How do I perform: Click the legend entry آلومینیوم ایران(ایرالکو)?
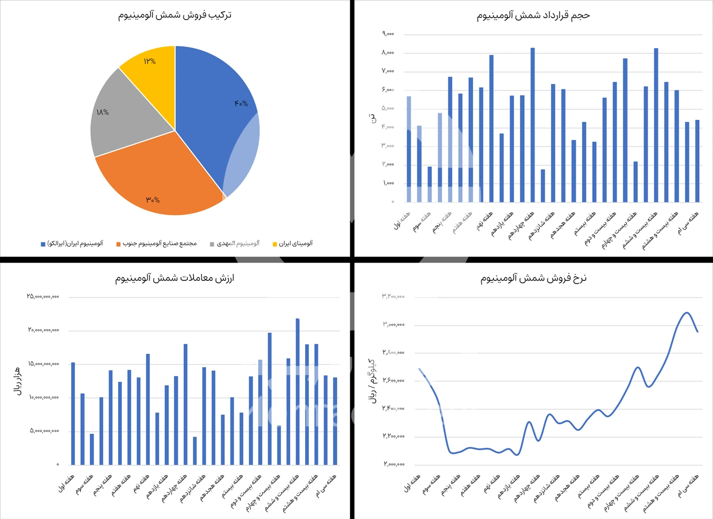click(x=72, y=243)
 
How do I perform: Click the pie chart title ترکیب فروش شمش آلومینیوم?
click(x=175, y=15)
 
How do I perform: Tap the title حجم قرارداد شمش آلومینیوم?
click(x=533, y=16)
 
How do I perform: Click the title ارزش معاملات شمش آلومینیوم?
click(x=175, y=278)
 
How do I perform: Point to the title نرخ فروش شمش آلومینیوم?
click(x=533, y=278)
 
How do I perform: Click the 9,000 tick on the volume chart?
click(x=388, y=34)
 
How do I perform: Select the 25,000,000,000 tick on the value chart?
click(x=43, y=296)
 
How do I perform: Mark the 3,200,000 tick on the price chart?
click(x=393, y=296)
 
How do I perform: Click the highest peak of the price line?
click(x=687, y=313)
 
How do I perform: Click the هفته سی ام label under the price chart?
click(x=689, y=486)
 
